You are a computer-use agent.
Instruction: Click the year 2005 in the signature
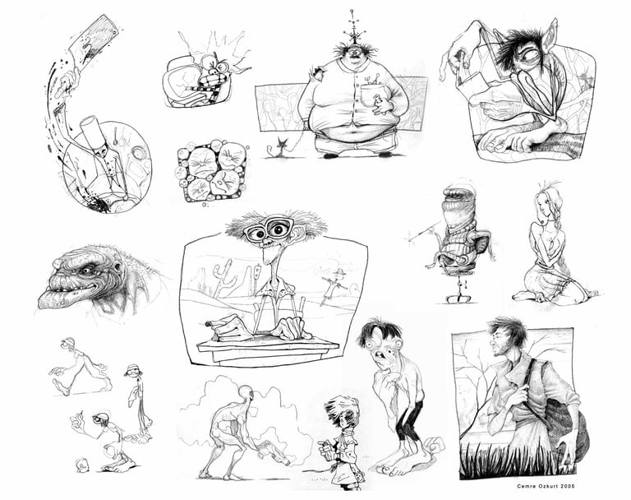pos(567,486)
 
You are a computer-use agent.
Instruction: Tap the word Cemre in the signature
pos(526,486)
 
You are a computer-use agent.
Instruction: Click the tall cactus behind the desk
pos(223,277)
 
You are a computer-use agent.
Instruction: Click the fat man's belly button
pos(353,130)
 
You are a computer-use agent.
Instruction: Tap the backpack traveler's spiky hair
pos(508,329)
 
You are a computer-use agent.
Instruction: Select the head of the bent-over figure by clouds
pos(246,392)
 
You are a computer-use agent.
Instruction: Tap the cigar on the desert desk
pos(212,322)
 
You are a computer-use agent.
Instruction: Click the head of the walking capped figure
pos(67,343)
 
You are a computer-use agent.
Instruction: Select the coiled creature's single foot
pos(458,299)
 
